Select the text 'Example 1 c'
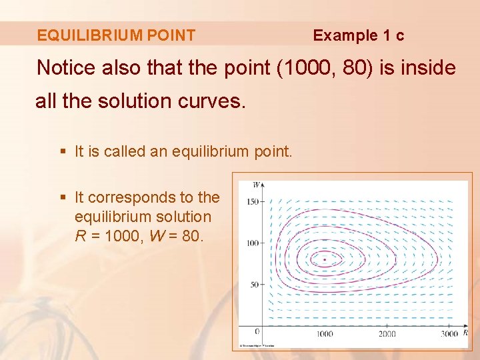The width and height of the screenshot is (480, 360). click(x=358, y=35)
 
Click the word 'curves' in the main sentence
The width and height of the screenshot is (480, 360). click(x=217, y=101)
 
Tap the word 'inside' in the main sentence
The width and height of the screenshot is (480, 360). click(x=427, y=67)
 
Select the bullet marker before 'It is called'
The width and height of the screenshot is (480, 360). click(x=63, y=152)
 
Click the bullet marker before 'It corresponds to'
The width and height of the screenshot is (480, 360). click(x=63, y=198)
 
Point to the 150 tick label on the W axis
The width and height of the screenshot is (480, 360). click(x=251, y=201)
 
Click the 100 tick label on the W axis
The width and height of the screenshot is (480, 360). click(x=251, y=243)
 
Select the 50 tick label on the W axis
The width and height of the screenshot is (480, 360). click(x=253, y=285)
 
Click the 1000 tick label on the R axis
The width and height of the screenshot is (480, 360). click(x=325, y=333)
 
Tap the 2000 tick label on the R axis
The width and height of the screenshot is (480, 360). click(x=387, y=333)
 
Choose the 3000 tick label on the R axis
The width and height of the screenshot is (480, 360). click(x=449, y=333)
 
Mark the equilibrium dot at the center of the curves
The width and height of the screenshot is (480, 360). click(x=325, y=259)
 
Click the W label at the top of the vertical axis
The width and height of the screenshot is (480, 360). click(x=257, y=184)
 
